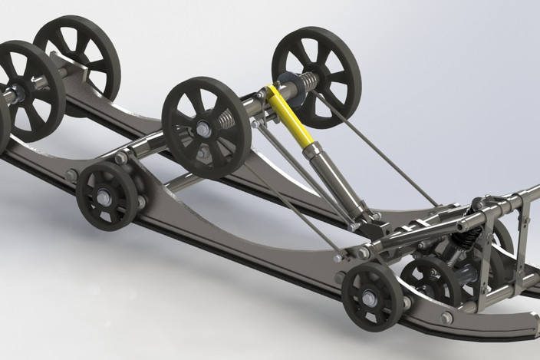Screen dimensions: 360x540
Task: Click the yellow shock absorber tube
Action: (288, 116)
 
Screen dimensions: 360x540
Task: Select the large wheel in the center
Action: (205, 127)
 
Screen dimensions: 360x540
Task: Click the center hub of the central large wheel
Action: (203, 129)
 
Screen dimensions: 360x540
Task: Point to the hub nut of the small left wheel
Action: (104, 197)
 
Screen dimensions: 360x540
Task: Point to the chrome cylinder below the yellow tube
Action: (325, 172)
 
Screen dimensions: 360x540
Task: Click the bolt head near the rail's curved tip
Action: (446, 317)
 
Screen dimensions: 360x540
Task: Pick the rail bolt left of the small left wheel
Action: (71, 176)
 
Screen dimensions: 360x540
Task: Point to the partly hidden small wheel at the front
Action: (430, 280)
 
